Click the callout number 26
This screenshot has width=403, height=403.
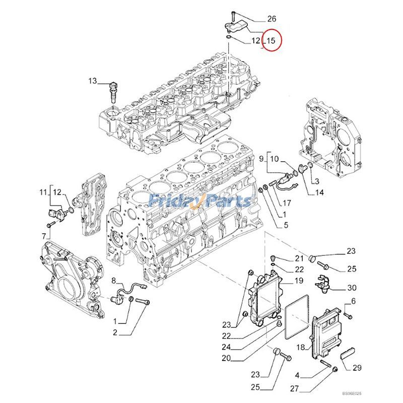pyautogui.click(x=272, y=19)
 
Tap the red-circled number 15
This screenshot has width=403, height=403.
pyautogui.click(x=271, y=41)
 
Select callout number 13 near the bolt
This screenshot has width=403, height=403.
pyautogui.click(x=92, y=81)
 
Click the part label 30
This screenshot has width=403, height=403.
pyautogui.click(x=351, y=288)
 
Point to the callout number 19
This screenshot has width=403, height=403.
pyautogui.click(x=299, y=281)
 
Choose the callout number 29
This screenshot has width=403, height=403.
pyautogui.click(x=357, y=368)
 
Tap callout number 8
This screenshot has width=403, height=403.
pyautogui.click(x=114, y=280)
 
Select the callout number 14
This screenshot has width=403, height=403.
pyautogui.click(x=319, y=192)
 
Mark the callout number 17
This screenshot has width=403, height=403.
pyautogui.click(x=286, y=204)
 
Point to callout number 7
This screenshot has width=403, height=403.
pyautogui.click(x=44, y=236)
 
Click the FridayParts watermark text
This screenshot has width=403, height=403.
pyautogui.click(x=201, y=201)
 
